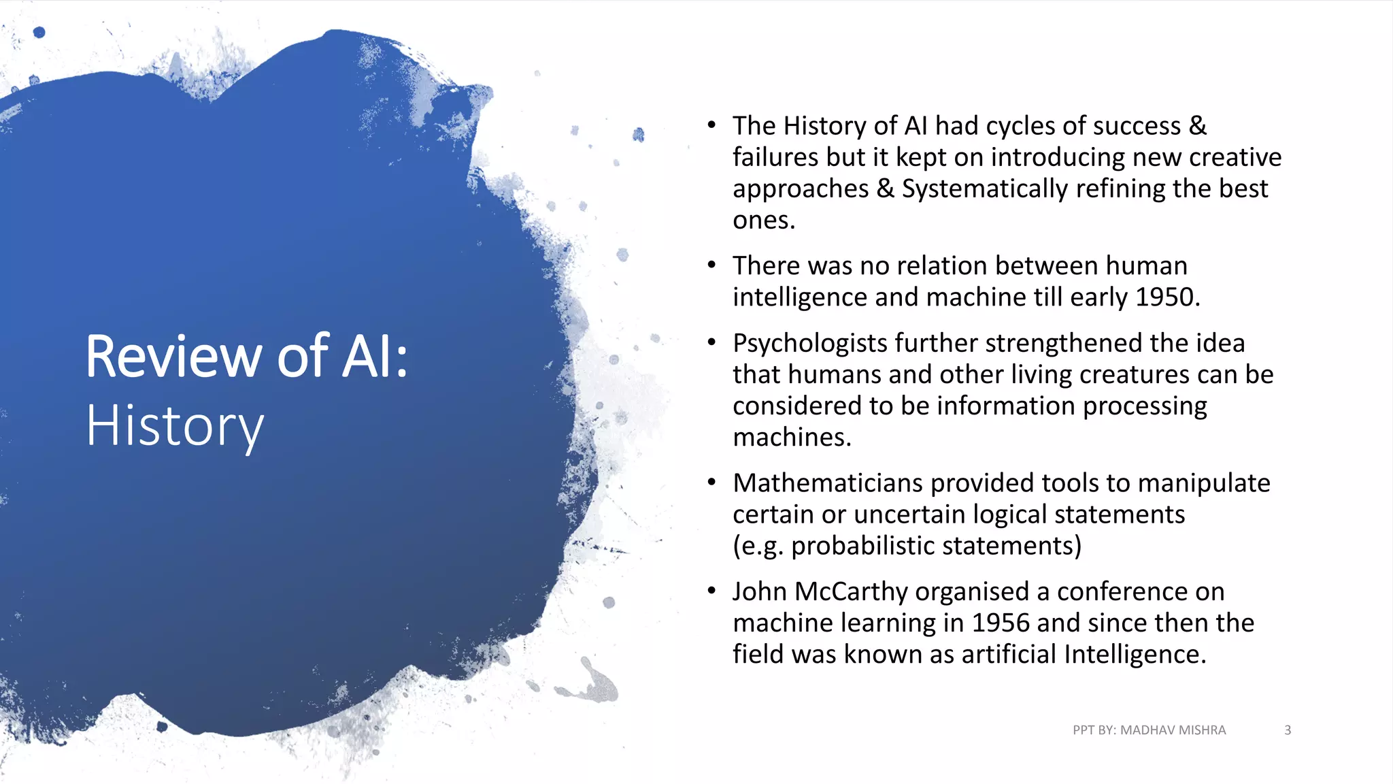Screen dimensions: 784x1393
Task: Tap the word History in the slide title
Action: pyautogui.click(x=175, y=427)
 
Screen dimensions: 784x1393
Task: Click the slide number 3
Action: pyautogui.click(x=1287, y=730)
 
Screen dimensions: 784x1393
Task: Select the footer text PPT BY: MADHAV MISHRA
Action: pyautogui.click(x=1149, y=730)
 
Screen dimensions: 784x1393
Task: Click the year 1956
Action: pyautogui.click(x=1000, y=623)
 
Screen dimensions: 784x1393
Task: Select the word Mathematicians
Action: pyautogui.click(x=828, y=483)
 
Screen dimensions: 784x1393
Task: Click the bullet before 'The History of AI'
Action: pyautogui.click(x=711, y=125)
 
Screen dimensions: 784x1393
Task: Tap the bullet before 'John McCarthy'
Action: pyautogui.click(x=711, y=591)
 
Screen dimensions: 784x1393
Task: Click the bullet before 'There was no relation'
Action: pyautogui.click(x=711, y=265)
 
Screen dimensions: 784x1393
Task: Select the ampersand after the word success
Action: pyautogui.click(x=1198, y=126)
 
